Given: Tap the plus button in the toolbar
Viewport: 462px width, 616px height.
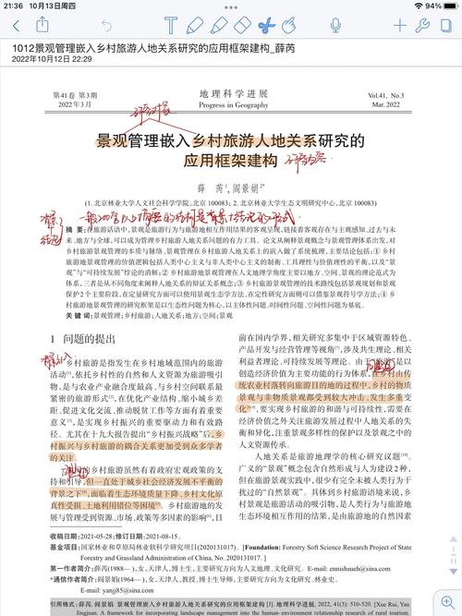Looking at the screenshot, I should point(400,24).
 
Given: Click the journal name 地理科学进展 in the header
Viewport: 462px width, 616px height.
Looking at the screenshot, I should point(228,95).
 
